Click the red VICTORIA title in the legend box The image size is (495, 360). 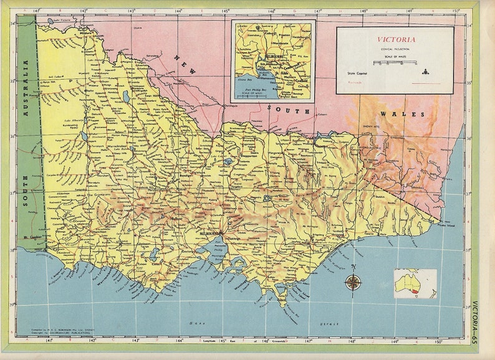click(x=395, y=39)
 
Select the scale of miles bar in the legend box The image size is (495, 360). click(x=395, y=63)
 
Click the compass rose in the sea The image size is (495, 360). click(x=353, y=282)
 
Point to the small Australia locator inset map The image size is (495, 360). click(x=415, y=283)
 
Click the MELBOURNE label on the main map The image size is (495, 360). click(x=210, y=233)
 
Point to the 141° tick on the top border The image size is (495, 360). click(x=37, y=11)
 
